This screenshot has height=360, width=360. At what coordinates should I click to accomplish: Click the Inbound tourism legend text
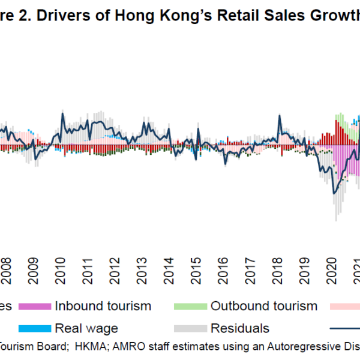pos(103,306)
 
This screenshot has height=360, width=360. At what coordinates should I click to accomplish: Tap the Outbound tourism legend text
pos(263,306)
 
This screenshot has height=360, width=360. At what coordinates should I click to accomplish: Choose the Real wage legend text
pos(86,328)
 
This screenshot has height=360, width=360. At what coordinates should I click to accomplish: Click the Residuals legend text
pos(239,328)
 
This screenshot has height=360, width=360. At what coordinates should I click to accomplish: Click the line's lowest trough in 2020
pos(334,193)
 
